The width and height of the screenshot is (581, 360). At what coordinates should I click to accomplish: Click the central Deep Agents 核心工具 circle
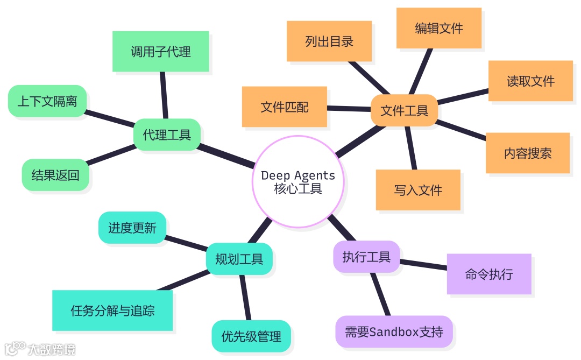coord(297,182)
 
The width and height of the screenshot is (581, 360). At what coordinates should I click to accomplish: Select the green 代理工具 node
coord(167,134)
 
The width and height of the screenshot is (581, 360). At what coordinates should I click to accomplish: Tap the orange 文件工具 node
coord(405,111)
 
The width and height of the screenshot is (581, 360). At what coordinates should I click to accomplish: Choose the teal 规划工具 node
coord(239,259)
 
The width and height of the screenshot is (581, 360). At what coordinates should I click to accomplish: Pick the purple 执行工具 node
coord(366,257)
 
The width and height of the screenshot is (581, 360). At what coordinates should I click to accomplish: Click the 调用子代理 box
coord(160,52)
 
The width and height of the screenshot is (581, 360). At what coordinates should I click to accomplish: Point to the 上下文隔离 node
coord(47,101)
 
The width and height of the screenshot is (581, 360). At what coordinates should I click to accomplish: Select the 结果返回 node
coord(55,175)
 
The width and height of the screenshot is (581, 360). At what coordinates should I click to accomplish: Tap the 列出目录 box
coord(329,41)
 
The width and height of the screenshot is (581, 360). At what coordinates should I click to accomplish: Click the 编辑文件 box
coord(439,28)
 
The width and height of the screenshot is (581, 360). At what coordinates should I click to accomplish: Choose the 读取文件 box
coord(530,81)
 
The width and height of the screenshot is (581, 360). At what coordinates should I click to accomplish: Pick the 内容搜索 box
coord(528,153)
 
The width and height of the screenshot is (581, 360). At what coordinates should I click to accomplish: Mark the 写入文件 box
coord(418,190)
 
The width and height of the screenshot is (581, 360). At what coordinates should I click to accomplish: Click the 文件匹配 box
coord(285,107)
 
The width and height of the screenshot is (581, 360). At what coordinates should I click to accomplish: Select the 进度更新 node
coord(132,228)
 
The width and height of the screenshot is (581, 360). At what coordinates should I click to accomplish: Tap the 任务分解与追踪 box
coord(112,310)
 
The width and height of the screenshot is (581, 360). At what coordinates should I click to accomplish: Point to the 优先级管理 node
coord(251,336)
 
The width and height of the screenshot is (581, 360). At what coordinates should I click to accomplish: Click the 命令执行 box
coord(489,274)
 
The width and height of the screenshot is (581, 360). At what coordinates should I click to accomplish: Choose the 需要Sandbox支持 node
coord(394,331)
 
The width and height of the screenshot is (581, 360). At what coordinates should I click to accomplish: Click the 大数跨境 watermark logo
coord(40,349)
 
